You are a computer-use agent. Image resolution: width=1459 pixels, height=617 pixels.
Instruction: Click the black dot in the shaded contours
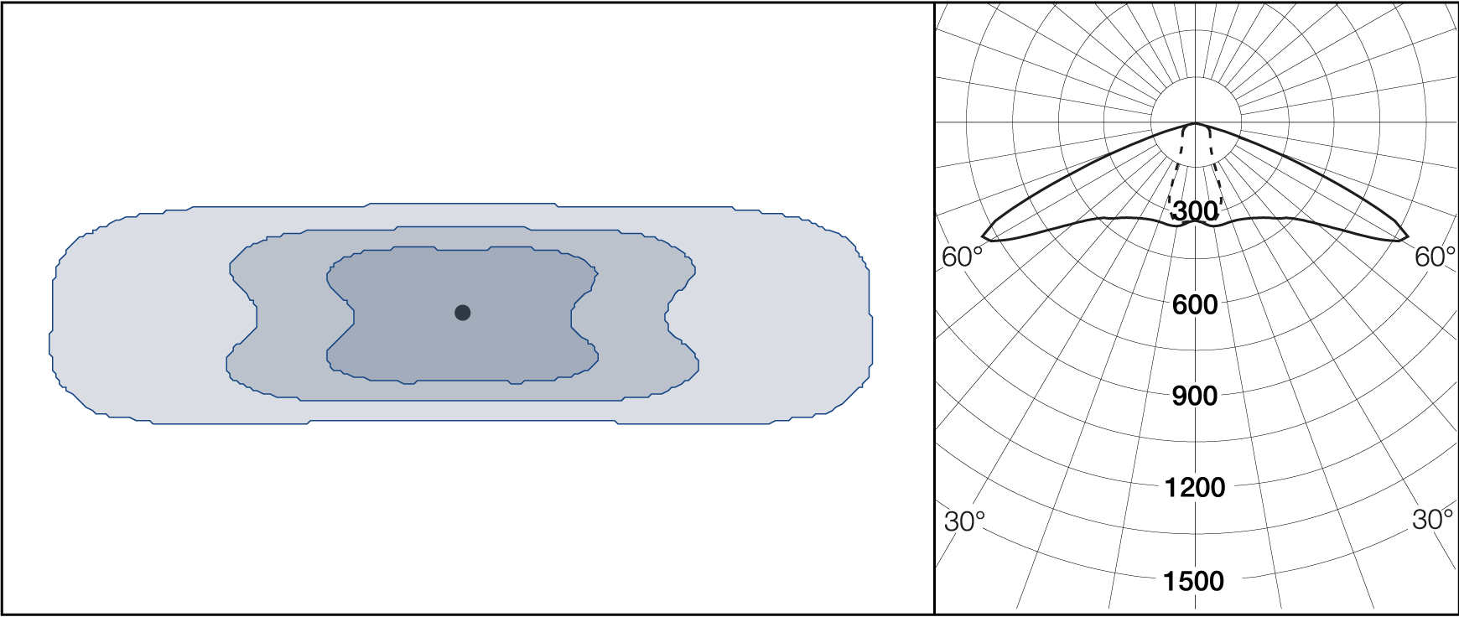(x=462, y=313)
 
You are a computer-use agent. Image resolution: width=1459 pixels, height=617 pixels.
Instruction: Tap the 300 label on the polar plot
(x=1195, y=211)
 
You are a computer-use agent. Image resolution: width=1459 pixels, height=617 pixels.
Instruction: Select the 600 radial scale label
(x=1195, y=304)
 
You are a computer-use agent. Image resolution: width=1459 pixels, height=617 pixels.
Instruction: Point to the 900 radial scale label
(x=1195, y=396)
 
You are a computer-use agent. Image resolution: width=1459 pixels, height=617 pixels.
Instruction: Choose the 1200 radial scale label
(x=1195, y=487)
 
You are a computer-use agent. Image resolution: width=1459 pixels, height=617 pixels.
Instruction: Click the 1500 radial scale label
(x=1193, y=580)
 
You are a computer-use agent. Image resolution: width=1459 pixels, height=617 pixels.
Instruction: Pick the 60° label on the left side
(x=963, y=257)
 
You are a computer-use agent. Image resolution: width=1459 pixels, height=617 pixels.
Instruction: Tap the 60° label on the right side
(x=1435, y=257)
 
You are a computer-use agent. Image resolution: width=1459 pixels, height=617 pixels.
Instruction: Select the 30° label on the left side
(x=964, y=521)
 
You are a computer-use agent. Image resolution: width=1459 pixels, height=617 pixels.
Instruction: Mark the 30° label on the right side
(x=1432, y=519)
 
